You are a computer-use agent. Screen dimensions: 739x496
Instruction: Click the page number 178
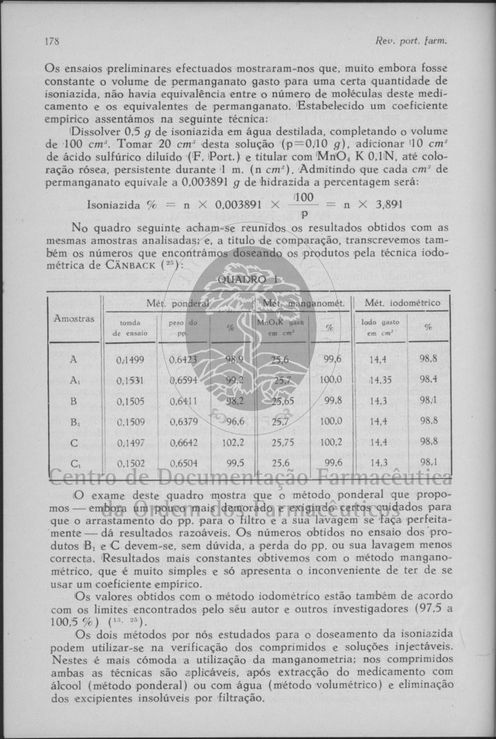[x=52, y=40]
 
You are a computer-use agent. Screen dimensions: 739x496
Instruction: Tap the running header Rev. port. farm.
[x=413, y=40]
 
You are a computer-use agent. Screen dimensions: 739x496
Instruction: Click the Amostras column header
[x=73, y=319]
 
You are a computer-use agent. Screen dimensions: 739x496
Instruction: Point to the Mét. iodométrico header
[x=402, y=303]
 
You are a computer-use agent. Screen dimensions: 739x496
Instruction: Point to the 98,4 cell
[x=428, y=379]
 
